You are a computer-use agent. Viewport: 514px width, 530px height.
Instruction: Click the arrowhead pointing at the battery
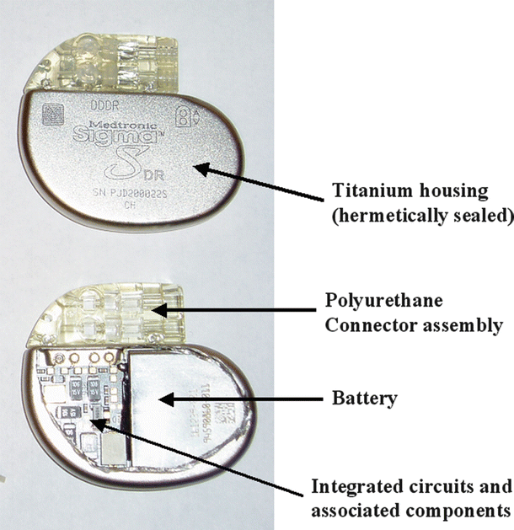pos(164,395)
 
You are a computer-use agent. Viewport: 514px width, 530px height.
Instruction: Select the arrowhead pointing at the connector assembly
pos(157,310)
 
